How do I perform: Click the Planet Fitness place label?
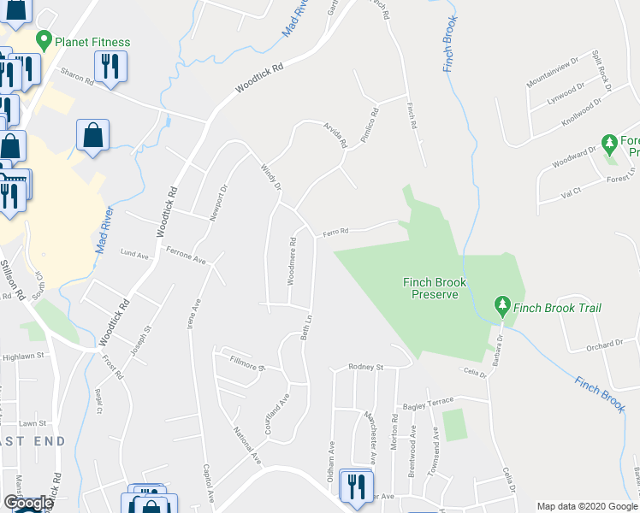click(x=92, y=42)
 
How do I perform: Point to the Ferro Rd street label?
click(x=335, y=231)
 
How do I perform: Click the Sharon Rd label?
click(x=77, y=81)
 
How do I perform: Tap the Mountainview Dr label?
click(x=553, y=72)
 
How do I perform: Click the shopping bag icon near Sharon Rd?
click(x=92, y=135)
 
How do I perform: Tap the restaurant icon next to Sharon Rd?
click(x=110, y=66)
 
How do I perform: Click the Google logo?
click(x=28, y=503)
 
